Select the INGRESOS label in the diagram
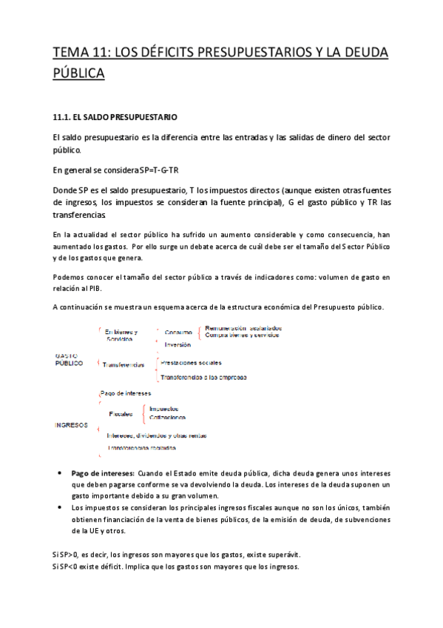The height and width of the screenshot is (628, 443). click(72, 425)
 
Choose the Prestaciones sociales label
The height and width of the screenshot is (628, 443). click(191, 363)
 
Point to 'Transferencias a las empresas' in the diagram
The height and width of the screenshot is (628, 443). click(199, 377)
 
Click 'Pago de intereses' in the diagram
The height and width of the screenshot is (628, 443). click(124, 392)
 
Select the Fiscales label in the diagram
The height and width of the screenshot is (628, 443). click(121, 413)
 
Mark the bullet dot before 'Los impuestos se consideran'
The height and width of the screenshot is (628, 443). click(61, 507)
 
